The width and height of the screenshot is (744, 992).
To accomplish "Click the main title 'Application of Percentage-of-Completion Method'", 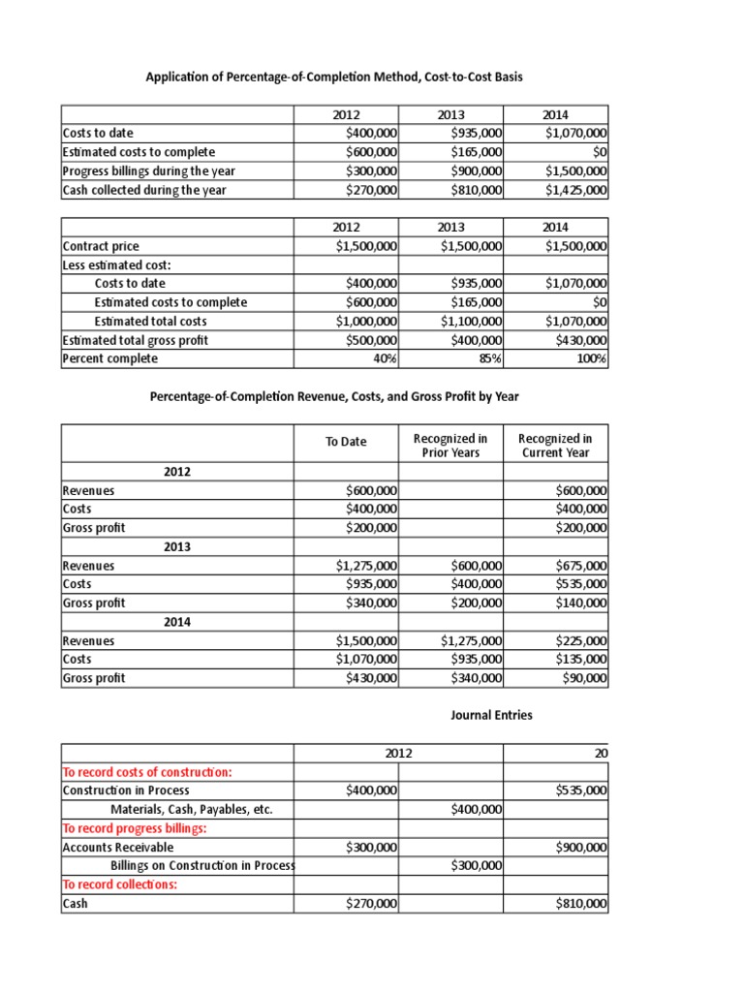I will pyautogui.click(x=334, y=76).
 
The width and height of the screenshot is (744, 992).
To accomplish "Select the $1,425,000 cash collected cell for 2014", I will pyautogui.click(x=577, y=190).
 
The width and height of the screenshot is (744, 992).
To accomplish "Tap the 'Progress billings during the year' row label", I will pyautogui.click(x=148, y=171).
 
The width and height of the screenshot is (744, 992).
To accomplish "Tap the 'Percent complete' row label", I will pyautogui.click(x=109, y=358).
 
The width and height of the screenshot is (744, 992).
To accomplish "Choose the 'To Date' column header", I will pyautogui.click(x=346, y=441).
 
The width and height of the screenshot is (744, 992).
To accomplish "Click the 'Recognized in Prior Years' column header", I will pyautogui.click(x=450, y=446).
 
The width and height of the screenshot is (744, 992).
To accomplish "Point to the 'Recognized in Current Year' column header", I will pyautogui.click(x=555, y=446).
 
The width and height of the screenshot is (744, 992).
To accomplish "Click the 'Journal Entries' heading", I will pyautogui.click(x=491, y=715).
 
